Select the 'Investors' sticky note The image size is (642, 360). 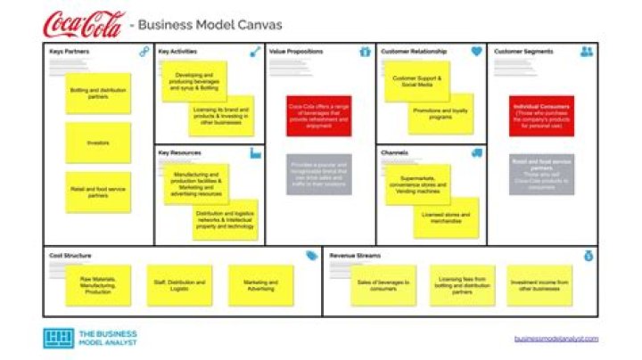click(98, 143)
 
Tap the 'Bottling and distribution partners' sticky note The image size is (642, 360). click(98, 94)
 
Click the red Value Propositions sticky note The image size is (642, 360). click(319, 115)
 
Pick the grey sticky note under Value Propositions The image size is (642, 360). click(319, 175)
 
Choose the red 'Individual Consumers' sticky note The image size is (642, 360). click(541, 115)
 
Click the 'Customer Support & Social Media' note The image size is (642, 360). click(417, 82)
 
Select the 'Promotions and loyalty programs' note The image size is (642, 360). click(441, 113)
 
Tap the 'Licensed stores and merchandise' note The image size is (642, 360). click(446, 217)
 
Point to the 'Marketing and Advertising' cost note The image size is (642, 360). click(260, 285)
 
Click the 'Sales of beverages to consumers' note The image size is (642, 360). click(383, 285)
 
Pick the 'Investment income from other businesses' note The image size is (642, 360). click(540, 285)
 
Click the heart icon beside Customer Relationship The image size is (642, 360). click(476, 52)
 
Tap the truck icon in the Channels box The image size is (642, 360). click(476, 153)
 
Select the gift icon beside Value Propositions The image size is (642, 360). click(365, 52)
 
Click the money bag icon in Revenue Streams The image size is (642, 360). click(588, 256)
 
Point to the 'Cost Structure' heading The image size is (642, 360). click(70, 256)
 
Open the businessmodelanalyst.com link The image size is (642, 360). click(556, 339)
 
